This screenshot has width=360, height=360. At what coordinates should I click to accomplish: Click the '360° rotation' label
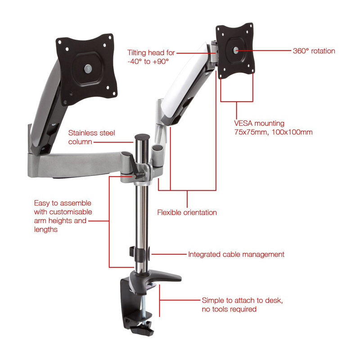[314, 51]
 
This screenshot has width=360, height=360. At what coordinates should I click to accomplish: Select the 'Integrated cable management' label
[236, 255]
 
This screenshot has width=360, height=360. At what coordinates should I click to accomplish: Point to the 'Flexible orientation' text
[187, 212]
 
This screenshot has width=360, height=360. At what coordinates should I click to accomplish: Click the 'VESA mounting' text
[259, 123]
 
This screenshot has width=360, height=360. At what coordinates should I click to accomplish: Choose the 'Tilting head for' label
[151, 53]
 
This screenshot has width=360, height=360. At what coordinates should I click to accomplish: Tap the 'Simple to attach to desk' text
[242, 300]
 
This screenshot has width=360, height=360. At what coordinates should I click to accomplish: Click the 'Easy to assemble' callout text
[63, 203]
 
